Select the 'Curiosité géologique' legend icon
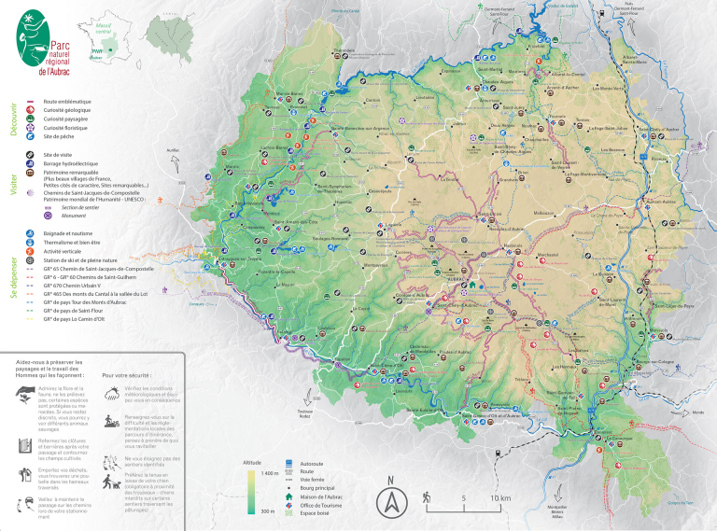31,110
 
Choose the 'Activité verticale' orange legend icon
31,250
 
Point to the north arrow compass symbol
391,501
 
